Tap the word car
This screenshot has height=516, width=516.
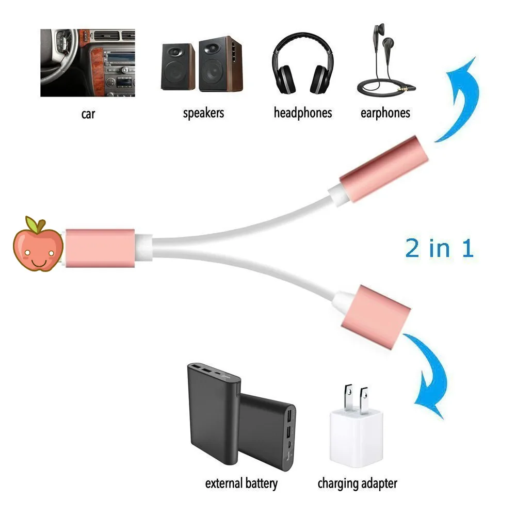tap(88, 114)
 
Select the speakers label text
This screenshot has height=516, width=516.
tap(204, 113)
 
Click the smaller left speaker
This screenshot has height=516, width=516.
tap(178, 67)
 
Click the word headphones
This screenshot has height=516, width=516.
tap(302, 113)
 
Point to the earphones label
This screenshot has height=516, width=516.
tap(385, 113)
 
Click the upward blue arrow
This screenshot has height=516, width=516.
tap(461, 98)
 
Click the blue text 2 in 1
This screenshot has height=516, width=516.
tap(439, 249)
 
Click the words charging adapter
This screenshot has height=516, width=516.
tap(357, 483)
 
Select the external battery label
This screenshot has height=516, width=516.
tap(241, 483)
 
